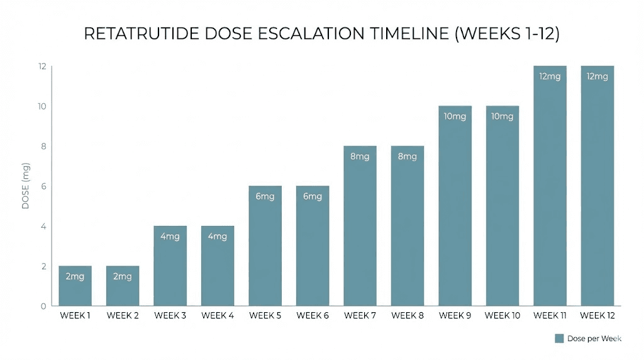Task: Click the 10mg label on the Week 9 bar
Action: [455, 116]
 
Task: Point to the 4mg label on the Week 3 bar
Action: [170, 237]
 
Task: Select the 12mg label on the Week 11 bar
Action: [550, 76]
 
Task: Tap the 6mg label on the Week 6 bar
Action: [312, 196]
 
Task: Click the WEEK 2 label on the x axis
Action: [123, 315]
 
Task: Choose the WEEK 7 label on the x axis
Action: [360, 315]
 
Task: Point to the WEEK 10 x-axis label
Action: [502, 315]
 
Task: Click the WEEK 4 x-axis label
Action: [218, 315]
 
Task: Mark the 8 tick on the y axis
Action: [42, 146]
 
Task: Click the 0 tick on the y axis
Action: [43, 307]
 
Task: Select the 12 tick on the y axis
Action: [42, 66]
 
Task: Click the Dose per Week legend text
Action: [594, 339]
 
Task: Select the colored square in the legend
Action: [559, 339]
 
